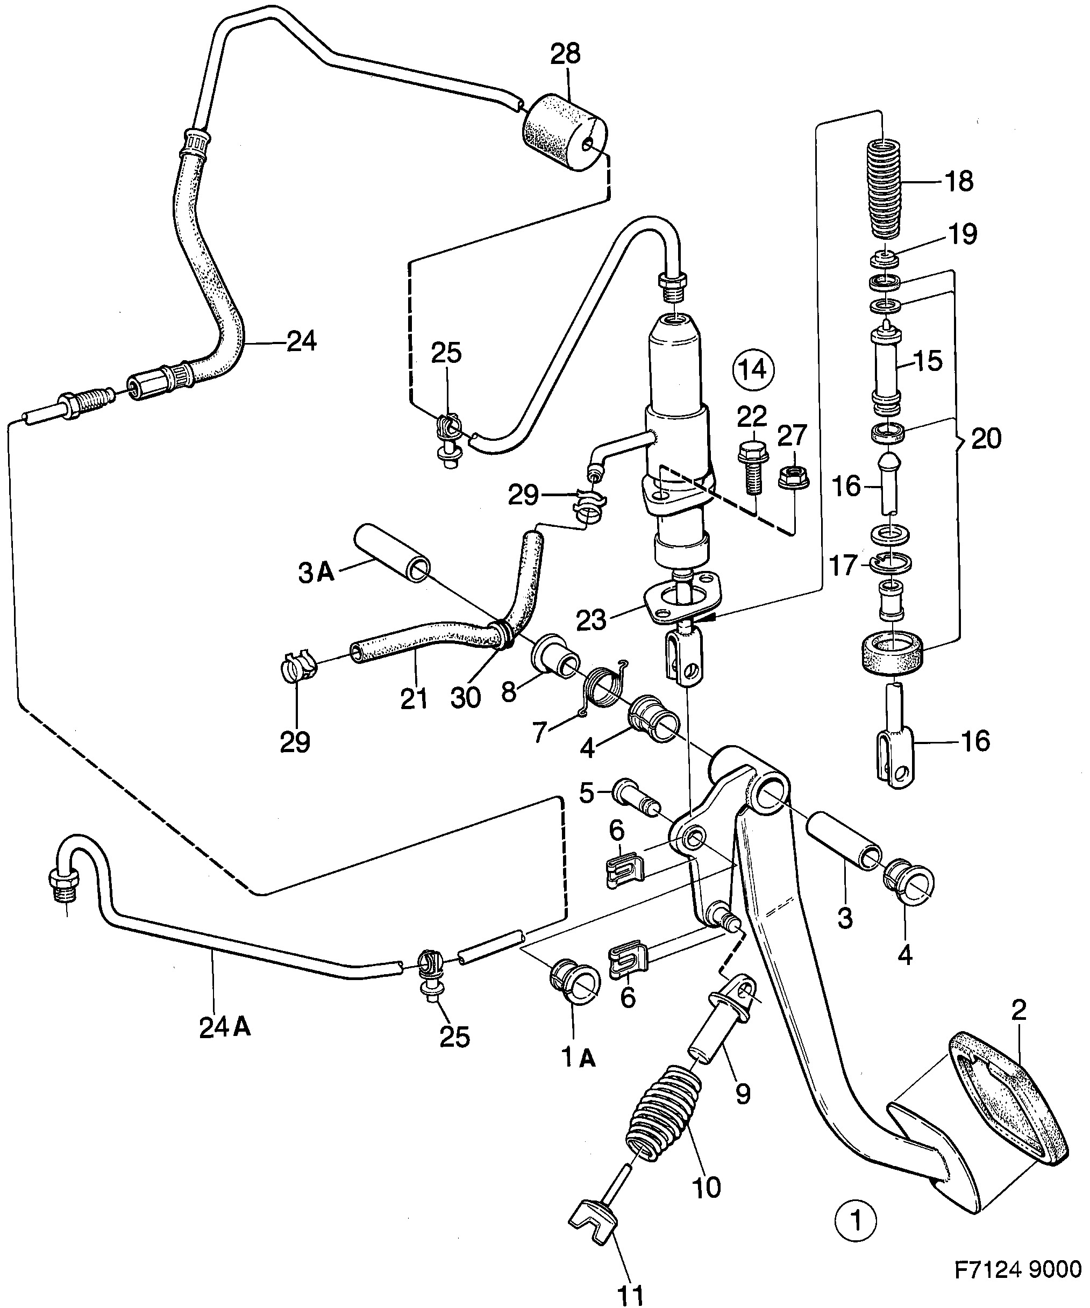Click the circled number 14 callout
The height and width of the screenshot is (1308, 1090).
752,370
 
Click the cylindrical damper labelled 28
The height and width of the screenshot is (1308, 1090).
564,133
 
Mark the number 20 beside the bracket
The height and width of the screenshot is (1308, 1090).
986,439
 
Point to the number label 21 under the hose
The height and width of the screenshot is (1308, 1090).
414,699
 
